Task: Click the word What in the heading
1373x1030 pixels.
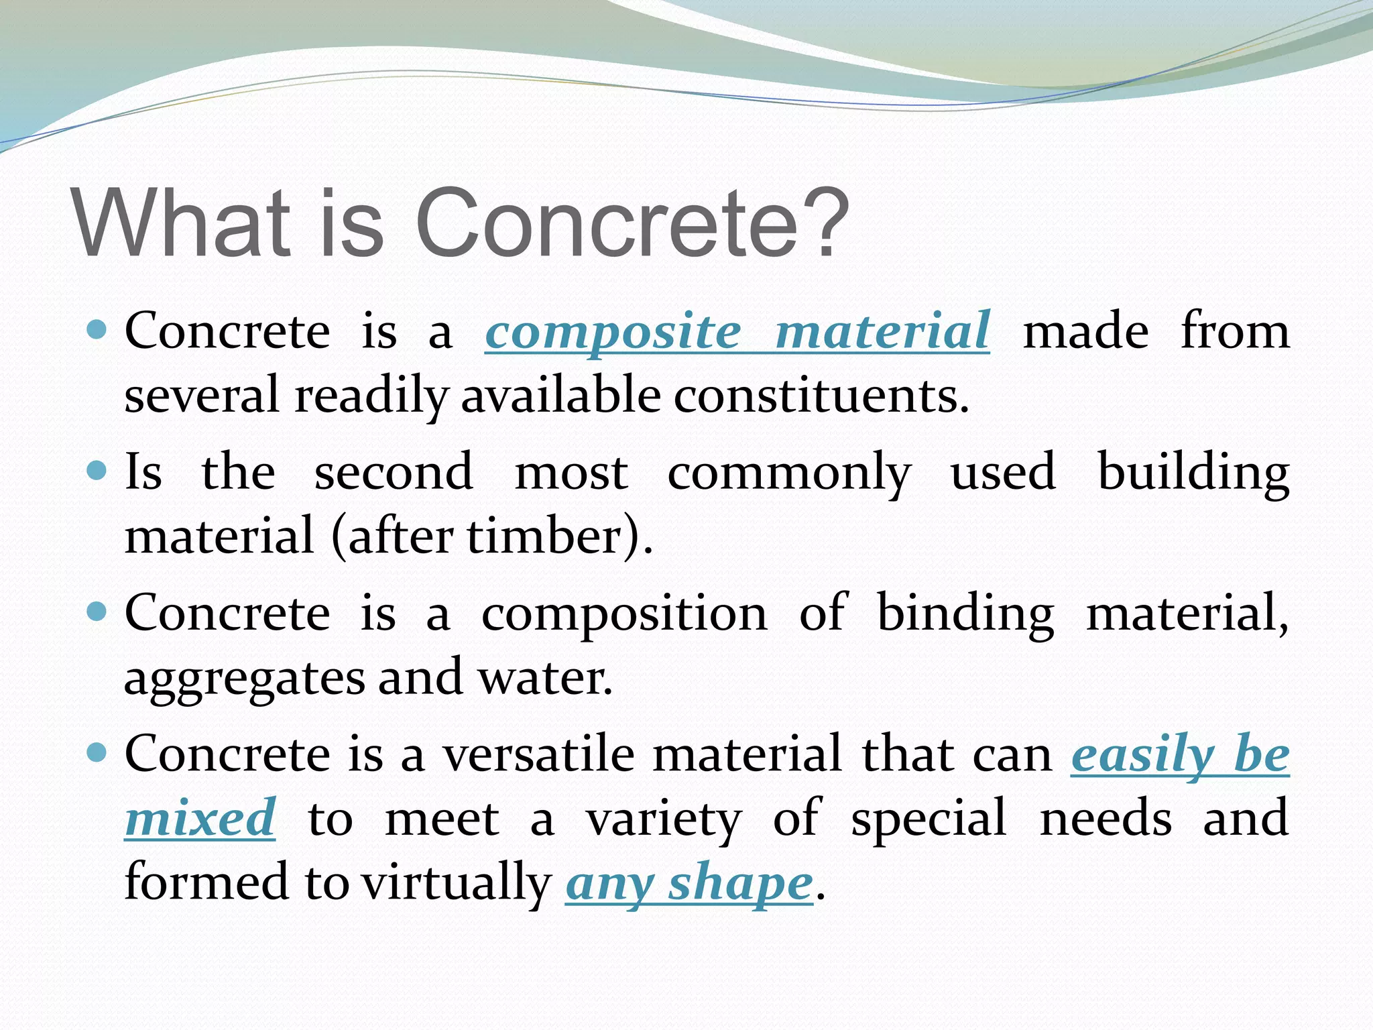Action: coord(181,223)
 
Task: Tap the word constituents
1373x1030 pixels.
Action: coord(821,396)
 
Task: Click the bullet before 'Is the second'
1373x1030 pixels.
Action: coord(98,471)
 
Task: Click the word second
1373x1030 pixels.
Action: coord(394,472)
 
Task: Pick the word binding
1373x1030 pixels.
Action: coord(965,614)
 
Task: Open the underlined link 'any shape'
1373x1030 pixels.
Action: coord(689,884)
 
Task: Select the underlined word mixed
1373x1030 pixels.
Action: coord(200,818)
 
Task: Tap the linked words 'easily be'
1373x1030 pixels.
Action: coord(1179,755)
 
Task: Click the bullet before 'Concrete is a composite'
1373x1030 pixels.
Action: coord(98,330)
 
